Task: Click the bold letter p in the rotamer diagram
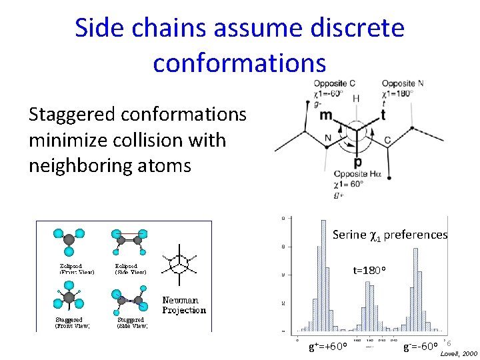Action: pyautogui.click(x=359, y=162)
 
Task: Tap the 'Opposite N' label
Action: pyautogui.click(x=403, y=83)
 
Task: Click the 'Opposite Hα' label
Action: pyautogui.click(x=359, y=174)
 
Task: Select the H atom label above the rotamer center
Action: pyautogui.click(x=356, y=98)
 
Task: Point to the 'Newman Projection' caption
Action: pyautogui.click(x=184, y=305)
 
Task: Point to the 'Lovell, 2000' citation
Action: pyautogui.click(x=459, y=353)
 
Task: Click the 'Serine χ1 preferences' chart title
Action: pyautogui.click(x=390, y=235)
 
